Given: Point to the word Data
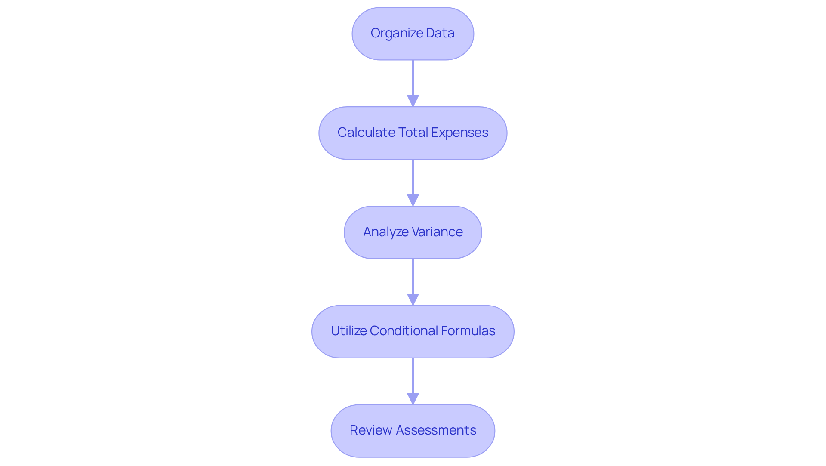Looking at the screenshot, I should point(440,33).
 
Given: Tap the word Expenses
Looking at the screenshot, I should point(459,133).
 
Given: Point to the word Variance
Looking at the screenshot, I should point(438,232).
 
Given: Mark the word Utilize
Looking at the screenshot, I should point(348,331).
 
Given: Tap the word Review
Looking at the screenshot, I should point(371,430).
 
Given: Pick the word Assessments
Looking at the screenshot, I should point(436,430).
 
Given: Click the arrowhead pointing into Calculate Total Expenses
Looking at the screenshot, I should point(413,101).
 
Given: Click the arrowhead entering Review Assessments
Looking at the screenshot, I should point(413,398).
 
